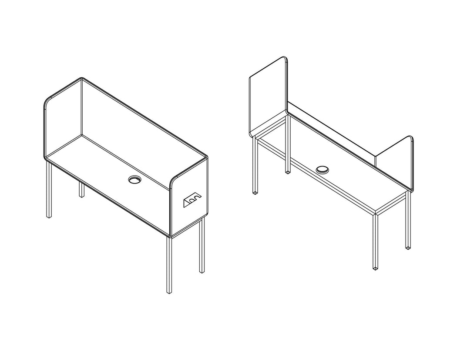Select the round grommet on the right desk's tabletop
coord(323,169)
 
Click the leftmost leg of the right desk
coord(255,165)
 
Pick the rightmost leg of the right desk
coord(408,222)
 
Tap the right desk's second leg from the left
coord(287,152)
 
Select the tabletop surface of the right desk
coord(348,183)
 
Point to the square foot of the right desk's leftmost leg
coord(255,191)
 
